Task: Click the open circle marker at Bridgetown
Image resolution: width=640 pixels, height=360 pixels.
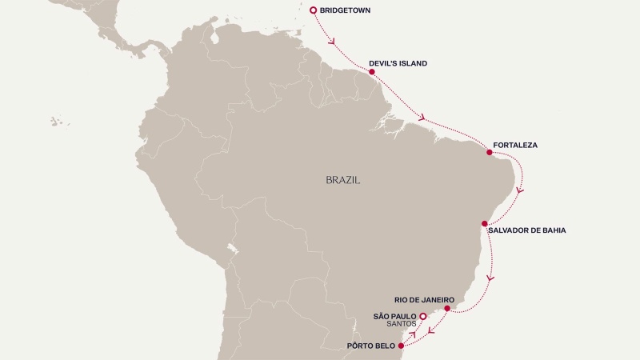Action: [x=313, y=10]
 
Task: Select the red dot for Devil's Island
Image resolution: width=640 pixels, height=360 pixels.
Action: [x=372, y=72]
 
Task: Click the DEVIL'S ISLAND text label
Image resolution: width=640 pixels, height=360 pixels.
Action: [x=398, y=63]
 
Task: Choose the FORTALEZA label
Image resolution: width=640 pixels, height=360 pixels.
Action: [x=515, y=146]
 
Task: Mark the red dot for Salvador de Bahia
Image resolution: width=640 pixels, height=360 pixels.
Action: [x=484, y=223]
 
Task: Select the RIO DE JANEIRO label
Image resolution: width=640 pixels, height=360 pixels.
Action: [x=425, y=299]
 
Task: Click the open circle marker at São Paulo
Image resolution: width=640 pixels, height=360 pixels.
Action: [x=423, y=317]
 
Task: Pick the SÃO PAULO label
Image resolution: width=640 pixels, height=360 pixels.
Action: [x=395, y=317]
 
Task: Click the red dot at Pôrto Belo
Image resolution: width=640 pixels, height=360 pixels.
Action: [x=401, y=346]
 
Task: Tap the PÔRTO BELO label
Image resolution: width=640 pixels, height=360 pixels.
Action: [x=371, y=346]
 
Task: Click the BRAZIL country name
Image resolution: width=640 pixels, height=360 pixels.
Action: [x=343, y=181]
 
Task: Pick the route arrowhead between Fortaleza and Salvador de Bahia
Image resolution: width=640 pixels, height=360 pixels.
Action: [x=521, y=191]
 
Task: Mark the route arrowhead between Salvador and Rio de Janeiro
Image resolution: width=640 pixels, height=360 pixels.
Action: [x=490, y=278]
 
